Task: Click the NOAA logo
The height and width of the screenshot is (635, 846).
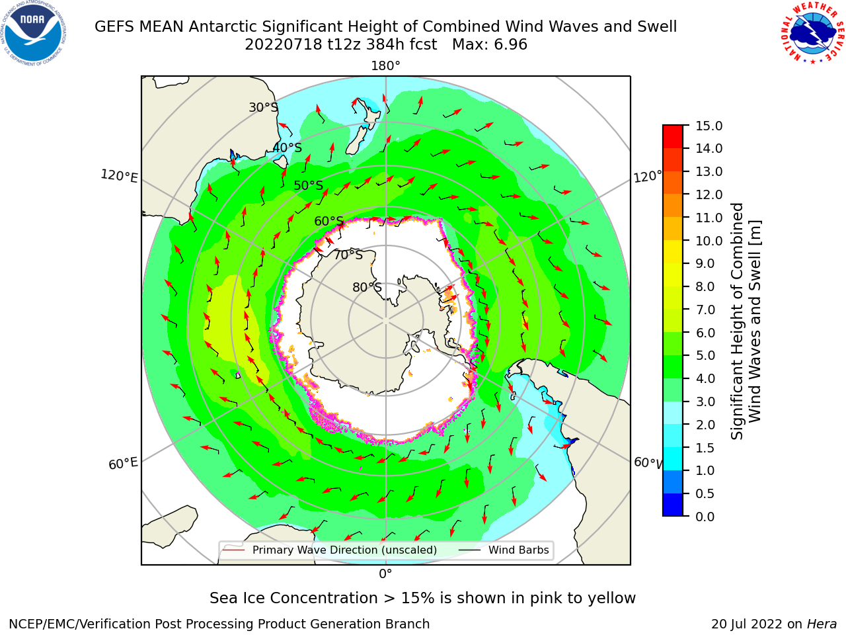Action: click(34, 34)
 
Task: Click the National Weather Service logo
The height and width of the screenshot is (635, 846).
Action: click(812, 33)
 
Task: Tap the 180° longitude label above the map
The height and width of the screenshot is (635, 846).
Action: click(385, 66)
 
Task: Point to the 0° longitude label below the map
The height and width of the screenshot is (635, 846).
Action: click(385, 573)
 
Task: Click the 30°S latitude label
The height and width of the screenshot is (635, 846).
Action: click(263, 107)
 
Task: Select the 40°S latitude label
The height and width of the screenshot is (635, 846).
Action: click(288, 148)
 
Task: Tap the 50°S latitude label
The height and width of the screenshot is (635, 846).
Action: click(309, 185)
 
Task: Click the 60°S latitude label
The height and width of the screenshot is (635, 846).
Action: click(328, 221)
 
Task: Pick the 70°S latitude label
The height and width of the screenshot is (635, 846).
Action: click(348, 255)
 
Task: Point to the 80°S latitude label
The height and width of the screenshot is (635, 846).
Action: click(367, 287)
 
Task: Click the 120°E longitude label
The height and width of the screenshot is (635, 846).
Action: click(119, 176)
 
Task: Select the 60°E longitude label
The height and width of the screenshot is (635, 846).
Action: click(123, 464)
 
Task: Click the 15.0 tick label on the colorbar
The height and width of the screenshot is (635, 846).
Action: click(709, 126)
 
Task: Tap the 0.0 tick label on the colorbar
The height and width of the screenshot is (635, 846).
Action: click(705, 517)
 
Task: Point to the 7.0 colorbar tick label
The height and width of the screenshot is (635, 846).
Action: click(705, 310)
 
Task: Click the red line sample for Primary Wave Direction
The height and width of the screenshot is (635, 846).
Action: click(234, 550)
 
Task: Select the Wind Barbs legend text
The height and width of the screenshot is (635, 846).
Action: click(518, 550)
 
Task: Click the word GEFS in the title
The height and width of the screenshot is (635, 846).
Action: click(114, 26)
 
